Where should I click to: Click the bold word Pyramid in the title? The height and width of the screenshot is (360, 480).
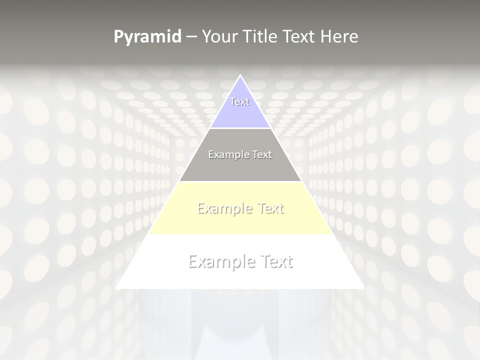pos(147,37)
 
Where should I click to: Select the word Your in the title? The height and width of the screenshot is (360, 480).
pos(220,36)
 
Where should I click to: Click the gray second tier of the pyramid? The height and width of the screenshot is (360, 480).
pos(240,167)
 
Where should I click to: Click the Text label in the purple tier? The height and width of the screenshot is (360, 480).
pos(240,101)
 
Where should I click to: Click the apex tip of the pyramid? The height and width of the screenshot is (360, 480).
pos(240,75)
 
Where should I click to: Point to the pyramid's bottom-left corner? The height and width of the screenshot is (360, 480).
pos(116,288)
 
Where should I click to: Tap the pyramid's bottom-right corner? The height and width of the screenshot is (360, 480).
pos(364,288)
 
